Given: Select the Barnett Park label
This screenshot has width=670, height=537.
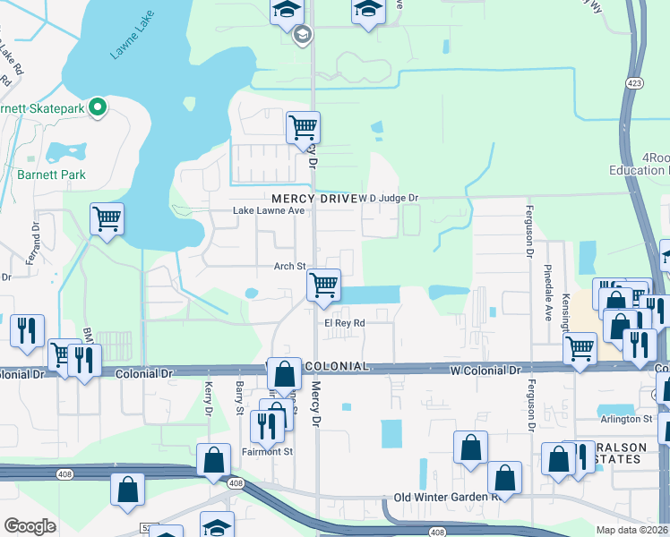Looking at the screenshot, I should pyautogui.click(x=52, y=175).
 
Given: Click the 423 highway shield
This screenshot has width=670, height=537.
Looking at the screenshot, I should pyautogui.click(x=635, y=83).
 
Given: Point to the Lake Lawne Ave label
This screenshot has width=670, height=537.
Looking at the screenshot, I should pyautogui.click(x=269, y=210).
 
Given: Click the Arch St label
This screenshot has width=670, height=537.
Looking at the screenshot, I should pyautogui.click(x=290, y=267).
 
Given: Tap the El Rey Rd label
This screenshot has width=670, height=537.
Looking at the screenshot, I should pyautogui.click(x=345, y=323).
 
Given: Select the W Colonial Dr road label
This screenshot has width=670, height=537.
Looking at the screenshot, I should pyautogui.click(x=485, y=369).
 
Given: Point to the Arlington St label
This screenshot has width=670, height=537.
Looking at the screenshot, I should pyautogui.click(x=626, y=419).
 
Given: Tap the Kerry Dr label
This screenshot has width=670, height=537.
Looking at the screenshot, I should pyautogui.click(x=208, y=398).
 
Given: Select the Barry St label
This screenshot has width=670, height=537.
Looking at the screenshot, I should pyautogui.click(x=239, y=398).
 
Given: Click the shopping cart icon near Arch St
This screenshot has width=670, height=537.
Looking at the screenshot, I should pyautogui.click(x=322, y=285).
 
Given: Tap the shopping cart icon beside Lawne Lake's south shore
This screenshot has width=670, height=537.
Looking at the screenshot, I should pyautogui.click(x=107, y=217).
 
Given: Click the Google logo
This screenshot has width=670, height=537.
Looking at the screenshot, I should pyautogui.click(x=30, y=526).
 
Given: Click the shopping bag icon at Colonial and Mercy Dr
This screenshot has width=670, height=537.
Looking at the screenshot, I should pyautogui.click(x=284, y=372).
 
